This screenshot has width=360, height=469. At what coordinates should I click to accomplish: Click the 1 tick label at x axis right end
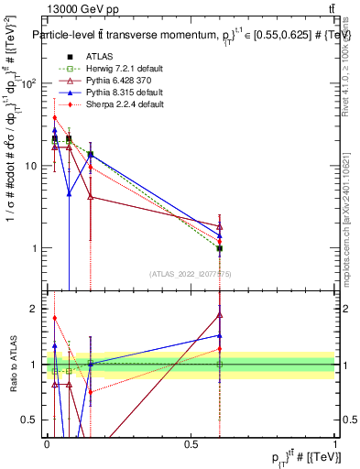(335, 443)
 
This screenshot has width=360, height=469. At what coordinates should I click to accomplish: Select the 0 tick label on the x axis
(46, 443)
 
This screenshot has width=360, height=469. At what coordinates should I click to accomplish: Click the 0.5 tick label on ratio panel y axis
(30, 420)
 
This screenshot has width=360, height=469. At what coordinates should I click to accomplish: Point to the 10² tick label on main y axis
(28, 84)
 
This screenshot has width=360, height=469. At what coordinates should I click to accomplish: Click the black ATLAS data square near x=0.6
(220, 248)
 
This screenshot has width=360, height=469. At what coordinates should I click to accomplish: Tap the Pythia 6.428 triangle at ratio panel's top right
(220, 314)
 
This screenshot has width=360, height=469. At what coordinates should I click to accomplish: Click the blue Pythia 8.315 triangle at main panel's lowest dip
(69, 193)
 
